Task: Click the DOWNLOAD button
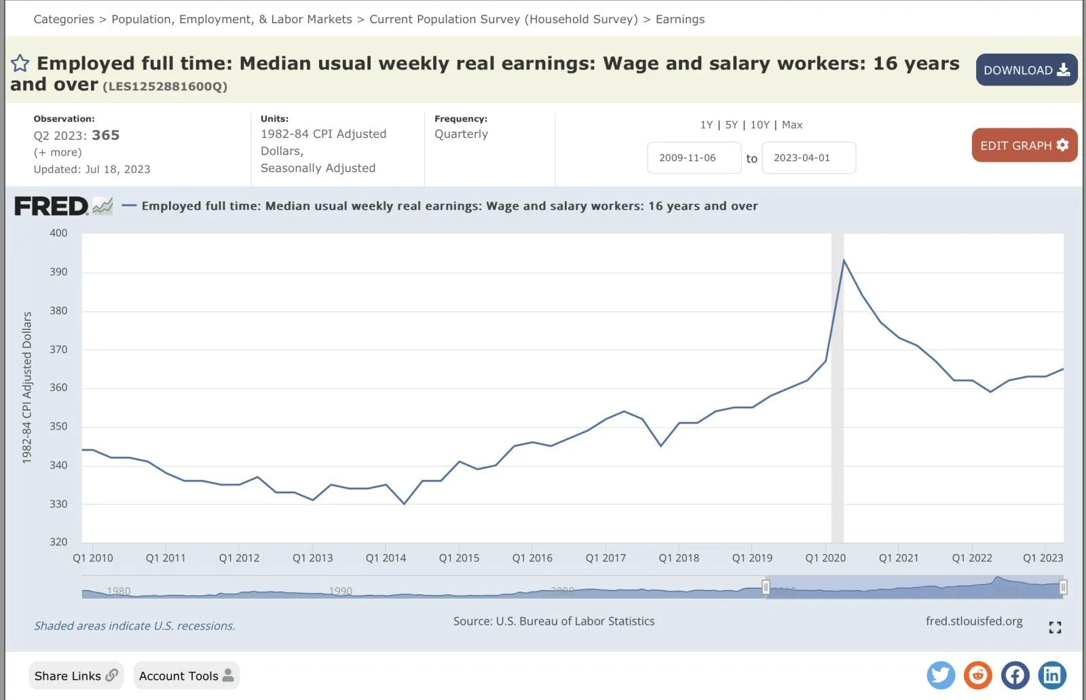pos(1026,70)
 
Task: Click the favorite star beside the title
pos(20,64)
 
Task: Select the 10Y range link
pos(760,125)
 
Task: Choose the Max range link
pos(792,125)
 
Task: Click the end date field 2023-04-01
pos(808,158)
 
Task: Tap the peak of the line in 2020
pos(844,260)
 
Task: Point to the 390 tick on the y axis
pos(58,272)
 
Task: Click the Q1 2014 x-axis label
pos(386,558)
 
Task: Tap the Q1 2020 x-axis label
pos(825,558)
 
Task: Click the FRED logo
pos(52,206)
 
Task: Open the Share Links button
pos(76,676)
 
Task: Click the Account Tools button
pos(186,676)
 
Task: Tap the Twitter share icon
pos(941,675)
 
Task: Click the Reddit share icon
pos(978,675)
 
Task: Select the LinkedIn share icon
pos(1052,675)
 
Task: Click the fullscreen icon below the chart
pos(1055,627)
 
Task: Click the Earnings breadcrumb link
pos(679,19)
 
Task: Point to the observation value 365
pos(106,135)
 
